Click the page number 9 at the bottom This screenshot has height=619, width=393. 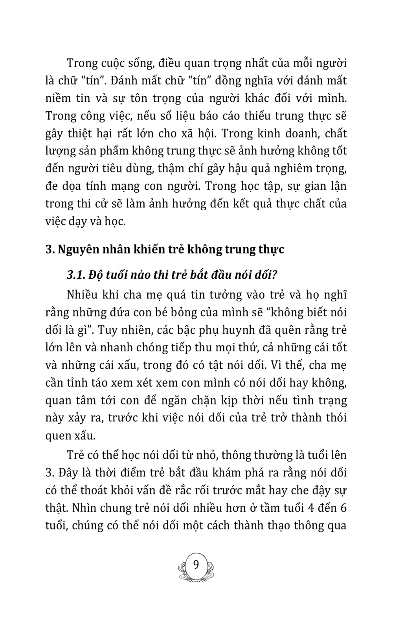coord(196,565)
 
